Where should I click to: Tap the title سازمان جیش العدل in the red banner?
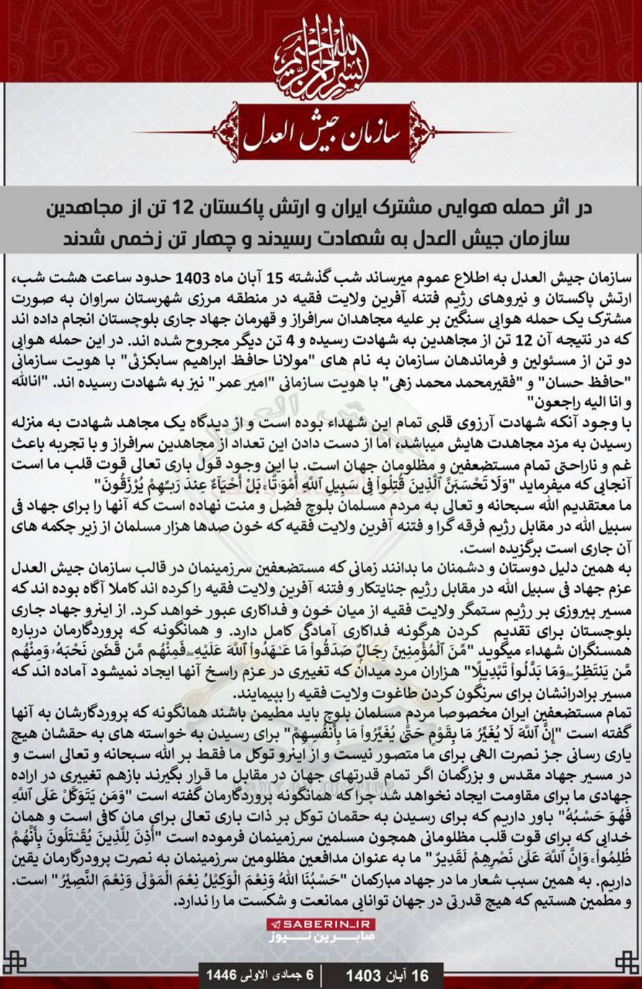pos(320,134)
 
